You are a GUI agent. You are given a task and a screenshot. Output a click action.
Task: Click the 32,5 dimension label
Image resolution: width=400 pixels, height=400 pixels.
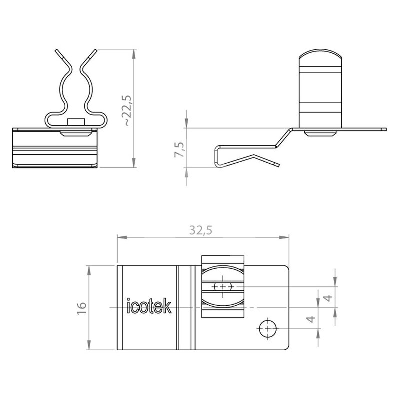[201, 230]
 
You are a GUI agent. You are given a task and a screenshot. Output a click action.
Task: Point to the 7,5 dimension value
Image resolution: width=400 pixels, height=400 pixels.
[179, 149]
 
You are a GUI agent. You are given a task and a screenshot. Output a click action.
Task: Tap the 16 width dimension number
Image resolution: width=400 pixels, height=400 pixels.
[82, 308]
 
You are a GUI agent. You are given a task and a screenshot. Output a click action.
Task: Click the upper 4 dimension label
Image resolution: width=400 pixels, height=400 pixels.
[329, 298]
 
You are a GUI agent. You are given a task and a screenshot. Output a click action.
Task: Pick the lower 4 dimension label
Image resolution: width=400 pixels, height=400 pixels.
[311, 319]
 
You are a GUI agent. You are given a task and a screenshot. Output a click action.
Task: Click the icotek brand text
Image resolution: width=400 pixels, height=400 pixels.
[149, 306]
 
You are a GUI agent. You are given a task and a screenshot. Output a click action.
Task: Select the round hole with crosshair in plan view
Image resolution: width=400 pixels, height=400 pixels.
[268, 329]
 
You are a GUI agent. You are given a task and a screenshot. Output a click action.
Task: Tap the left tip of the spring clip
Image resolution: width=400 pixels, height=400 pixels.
[56, 50]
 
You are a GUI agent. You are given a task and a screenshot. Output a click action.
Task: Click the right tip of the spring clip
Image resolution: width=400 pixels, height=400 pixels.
[96, 50]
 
